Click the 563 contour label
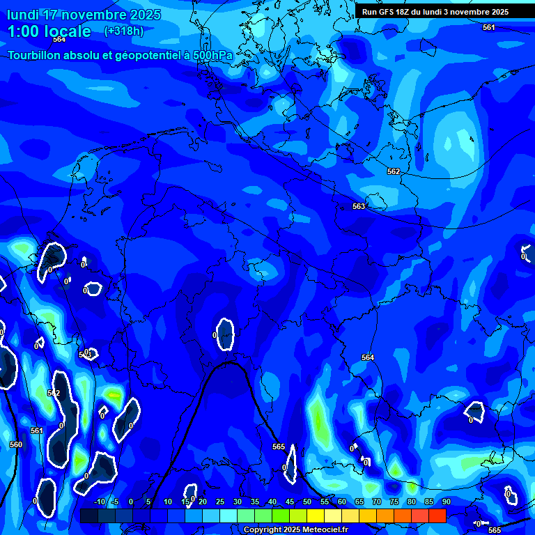[359, 206]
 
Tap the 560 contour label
[16, 444]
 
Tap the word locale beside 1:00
[68, 31]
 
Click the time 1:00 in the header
[24, 31]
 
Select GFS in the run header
[387, 12]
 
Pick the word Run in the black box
[369, 12]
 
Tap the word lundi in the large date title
[24, 15]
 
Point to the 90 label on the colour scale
[446, 502]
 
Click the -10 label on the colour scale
[99, 502]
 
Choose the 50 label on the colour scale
[307, 502]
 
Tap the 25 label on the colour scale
[219, 502]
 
